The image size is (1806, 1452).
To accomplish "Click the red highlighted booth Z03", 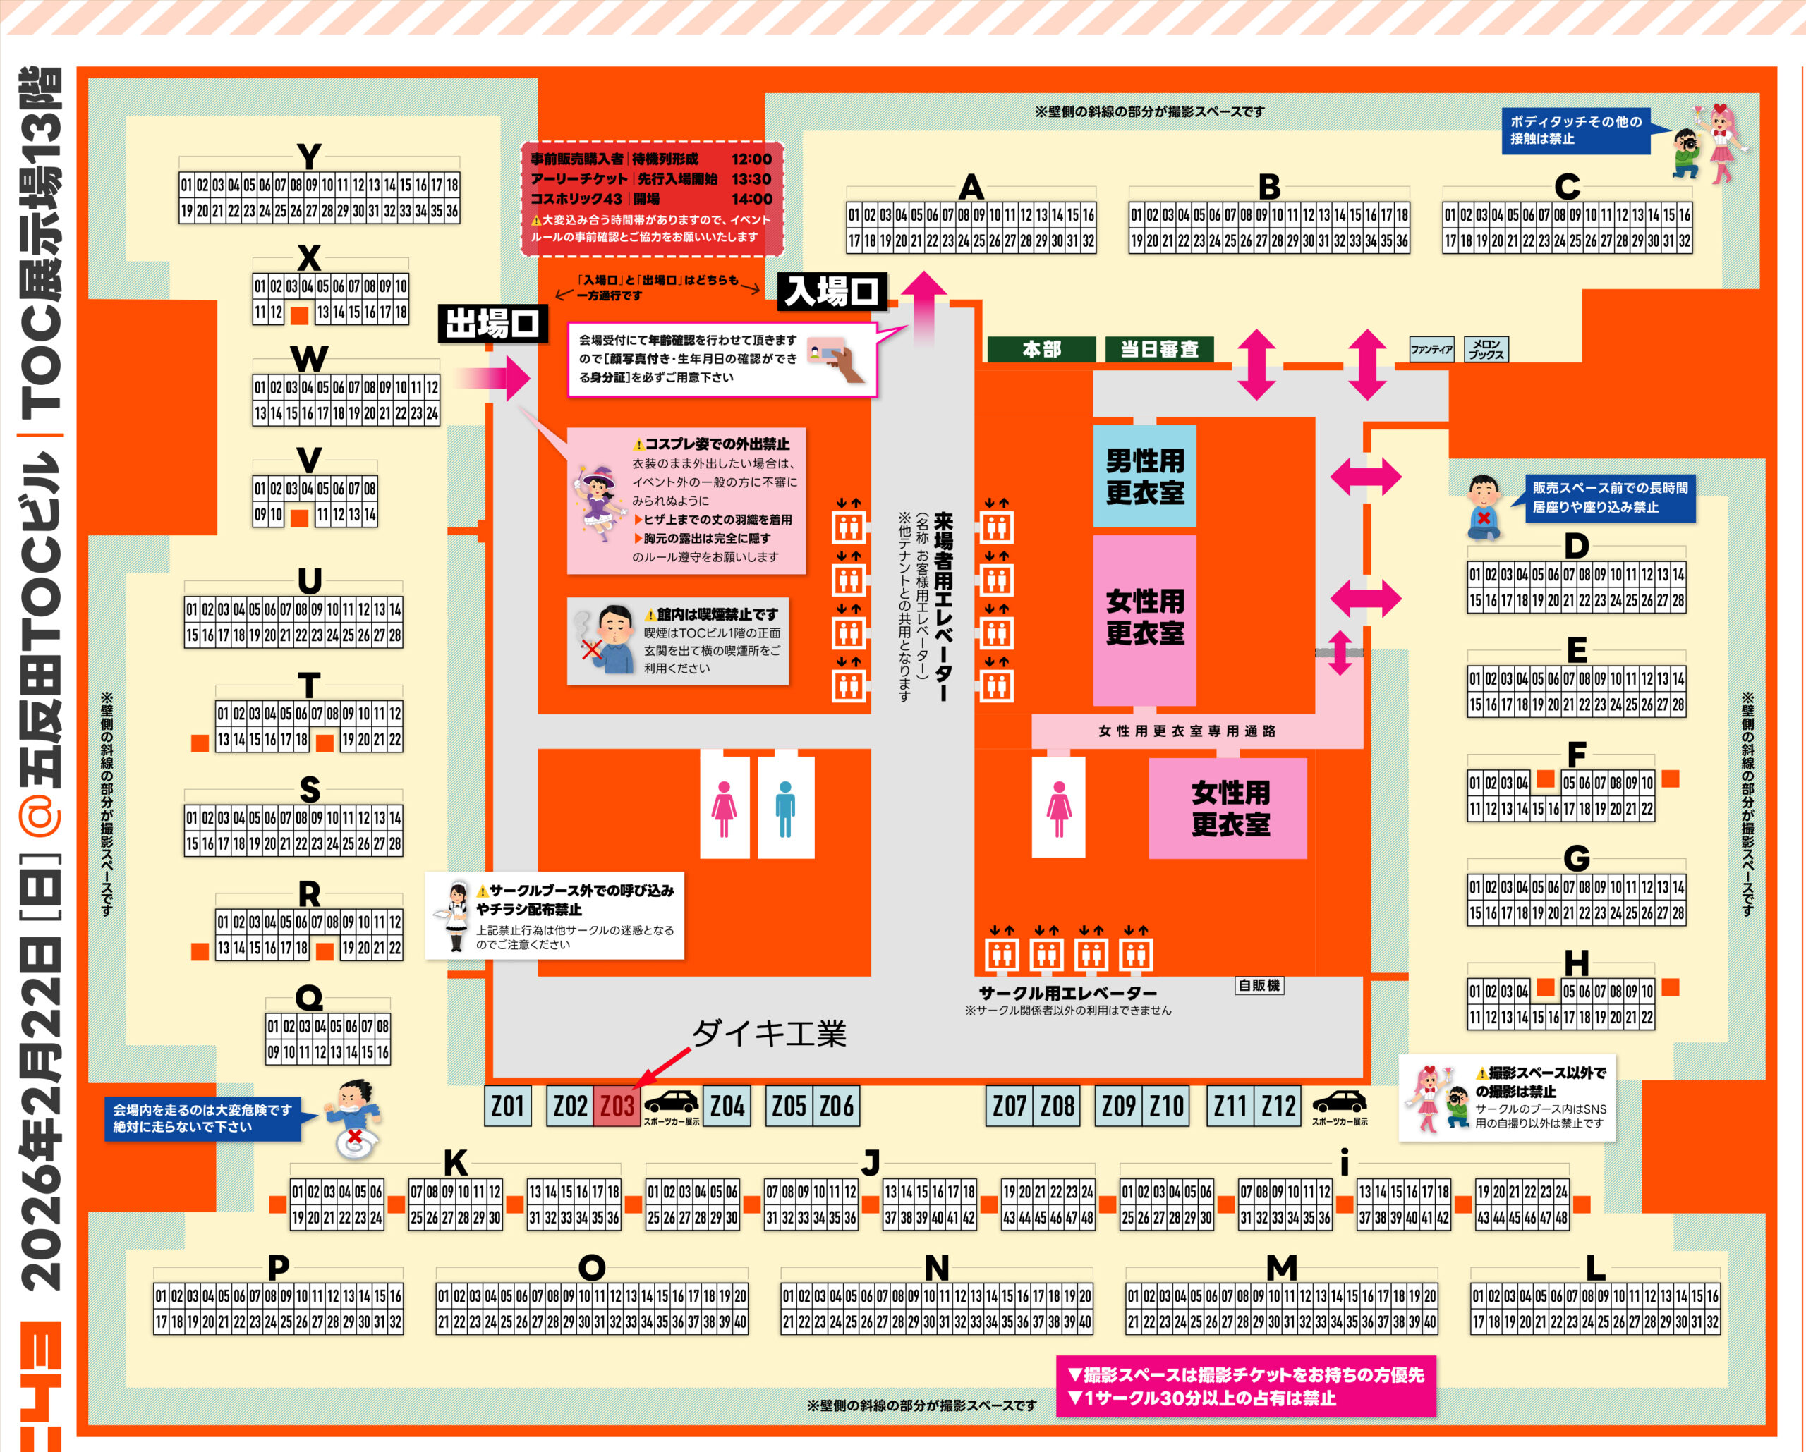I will pyautogui.click(x=617, y=1106).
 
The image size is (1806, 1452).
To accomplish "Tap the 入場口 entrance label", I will pyautogui.click(x=831, y=292).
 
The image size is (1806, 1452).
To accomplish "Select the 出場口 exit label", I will pyautogui.click(x=492, y=323).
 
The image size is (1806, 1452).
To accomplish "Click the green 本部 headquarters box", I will pyautogui.click(x=1041, y=349).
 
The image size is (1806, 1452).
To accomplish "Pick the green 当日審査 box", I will pyautogui.click(x=1159, y=349).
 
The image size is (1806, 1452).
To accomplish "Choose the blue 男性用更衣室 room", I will pyautogui.click(x=1144, y=475).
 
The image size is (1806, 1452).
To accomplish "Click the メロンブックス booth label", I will pyautogui.click(x=1487, y=349).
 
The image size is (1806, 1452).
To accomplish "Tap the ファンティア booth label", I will pyautogui.click(x=1431, y=349).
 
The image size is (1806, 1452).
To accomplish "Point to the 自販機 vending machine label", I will pyautogui.click(x=1259, y=986).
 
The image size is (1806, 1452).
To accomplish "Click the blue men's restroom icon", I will pyautogui.click(x=785, y=808).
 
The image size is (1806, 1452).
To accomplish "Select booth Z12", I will pyautogui.click(x=1278, y=1106).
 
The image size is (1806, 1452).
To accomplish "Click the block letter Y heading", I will pyautogui.click(x=309, y=157).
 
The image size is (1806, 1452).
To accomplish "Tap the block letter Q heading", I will pyautogui.click(x=309, y=997).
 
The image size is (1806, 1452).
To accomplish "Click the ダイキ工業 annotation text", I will pyautogui.click(x=769, y=1034).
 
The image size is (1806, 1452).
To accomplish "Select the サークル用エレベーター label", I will pyautogui.click(x=1067, y=993).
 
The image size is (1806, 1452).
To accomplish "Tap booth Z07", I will pyautogui.click(x=1010, y=1106).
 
